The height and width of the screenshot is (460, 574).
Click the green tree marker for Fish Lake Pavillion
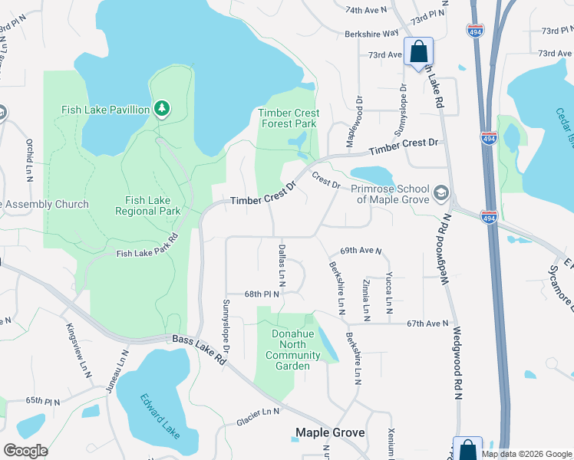tap(161, 110)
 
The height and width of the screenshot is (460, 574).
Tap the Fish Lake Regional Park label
tap(148, 205)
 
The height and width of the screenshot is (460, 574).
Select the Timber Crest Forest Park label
tap(289, 118)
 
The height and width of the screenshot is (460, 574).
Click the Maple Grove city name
tap(330, 433)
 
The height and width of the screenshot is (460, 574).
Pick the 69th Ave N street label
tap(361, 251)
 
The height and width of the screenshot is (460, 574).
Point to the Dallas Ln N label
tap(282, 266)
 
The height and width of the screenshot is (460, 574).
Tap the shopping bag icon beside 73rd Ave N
tap(419, 53)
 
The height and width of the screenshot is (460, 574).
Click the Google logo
tap(25, 450)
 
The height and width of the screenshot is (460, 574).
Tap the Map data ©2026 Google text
tap(526, 454)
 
